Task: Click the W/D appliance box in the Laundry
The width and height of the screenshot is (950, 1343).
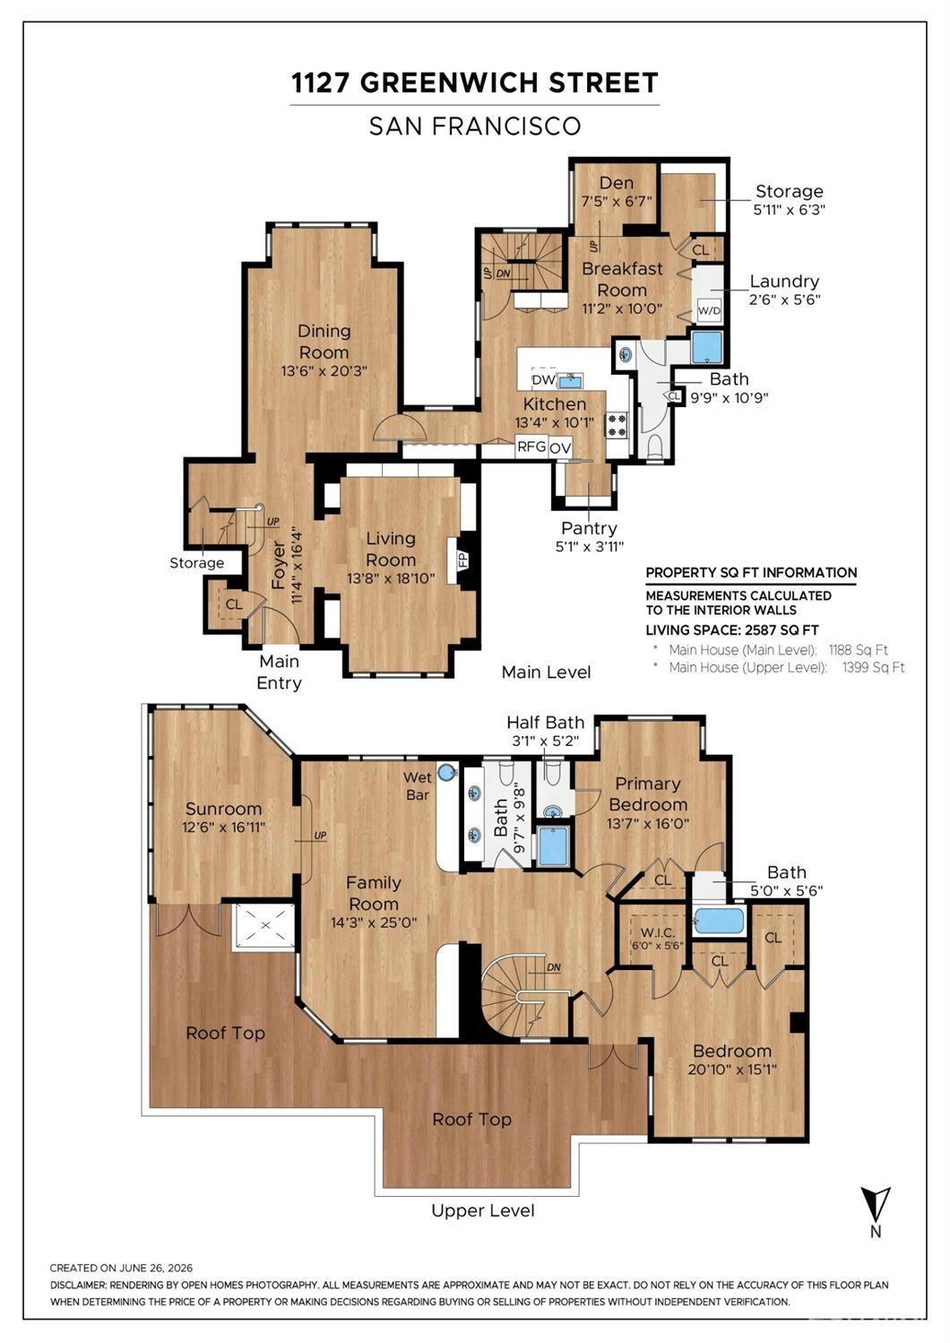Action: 708,310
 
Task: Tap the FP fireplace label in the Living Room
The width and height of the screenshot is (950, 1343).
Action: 463,560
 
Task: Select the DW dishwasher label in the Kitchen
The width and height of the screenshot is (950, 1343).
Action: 543,379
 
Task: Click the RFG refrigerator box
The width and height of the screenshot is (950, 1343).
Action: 531,446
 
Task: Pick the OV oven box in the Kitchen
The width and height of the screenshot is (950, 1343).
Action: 560,448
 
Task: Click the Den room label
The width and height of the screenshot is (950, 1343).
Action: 616,183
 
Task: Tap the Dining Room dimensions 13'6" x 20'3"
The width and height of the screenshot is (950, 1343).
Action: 324,371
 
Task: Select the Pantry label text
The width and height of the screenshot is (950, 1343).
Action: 589,528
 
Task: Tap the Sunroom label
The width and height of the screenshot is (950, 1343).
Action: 223,809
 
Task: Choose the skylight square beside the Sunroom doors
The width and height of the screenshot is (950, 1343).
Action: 263,927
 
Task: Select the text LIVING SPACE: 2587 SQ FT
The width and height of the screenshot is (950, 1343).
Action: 732,630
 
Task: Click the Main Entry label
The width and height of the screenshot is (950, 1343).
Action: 279,672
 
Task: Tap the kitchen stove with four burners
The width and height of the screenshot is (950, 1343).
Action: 617,425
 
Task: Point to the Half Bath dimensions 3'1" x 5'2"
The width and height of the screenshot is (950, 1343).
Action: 545,741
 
